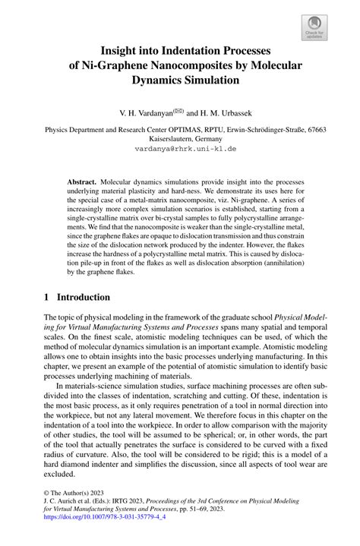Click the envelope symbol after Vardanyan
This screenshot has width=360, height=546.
point(179,109)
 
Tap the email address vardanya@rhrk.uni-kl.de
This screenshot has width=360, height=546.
point(180,150)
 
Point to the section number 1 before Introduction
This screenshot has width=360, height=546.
point(46,276)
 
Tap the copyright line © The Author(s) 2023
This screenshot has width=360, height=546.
point(77,492)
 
